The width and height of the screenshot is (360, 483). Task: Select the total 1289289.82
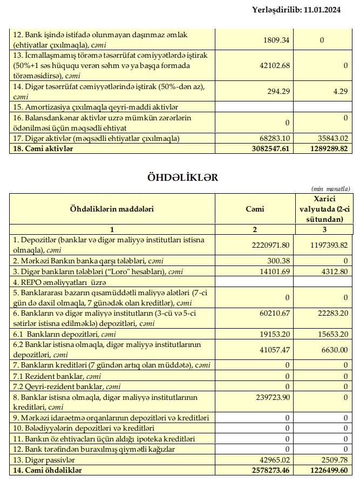(x=326, y=148)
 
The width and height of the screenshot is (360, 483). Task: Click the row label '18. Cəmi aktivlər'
(x=43, y=148)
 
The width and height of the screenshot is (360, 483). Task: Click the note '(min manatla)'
(x=331, y=188)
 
